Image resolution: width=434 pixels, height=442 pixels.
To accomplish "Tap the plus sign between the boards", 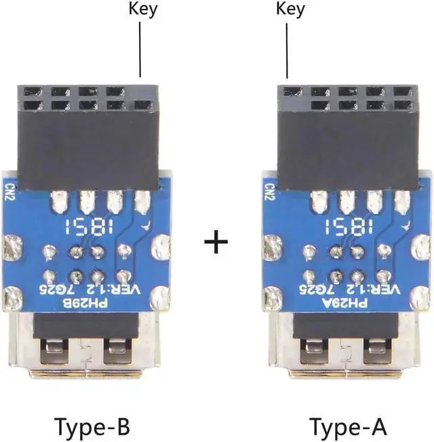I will (216, 242).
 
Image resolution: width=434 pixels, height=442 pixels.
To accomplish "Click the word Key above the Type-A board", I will (290, 9).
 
